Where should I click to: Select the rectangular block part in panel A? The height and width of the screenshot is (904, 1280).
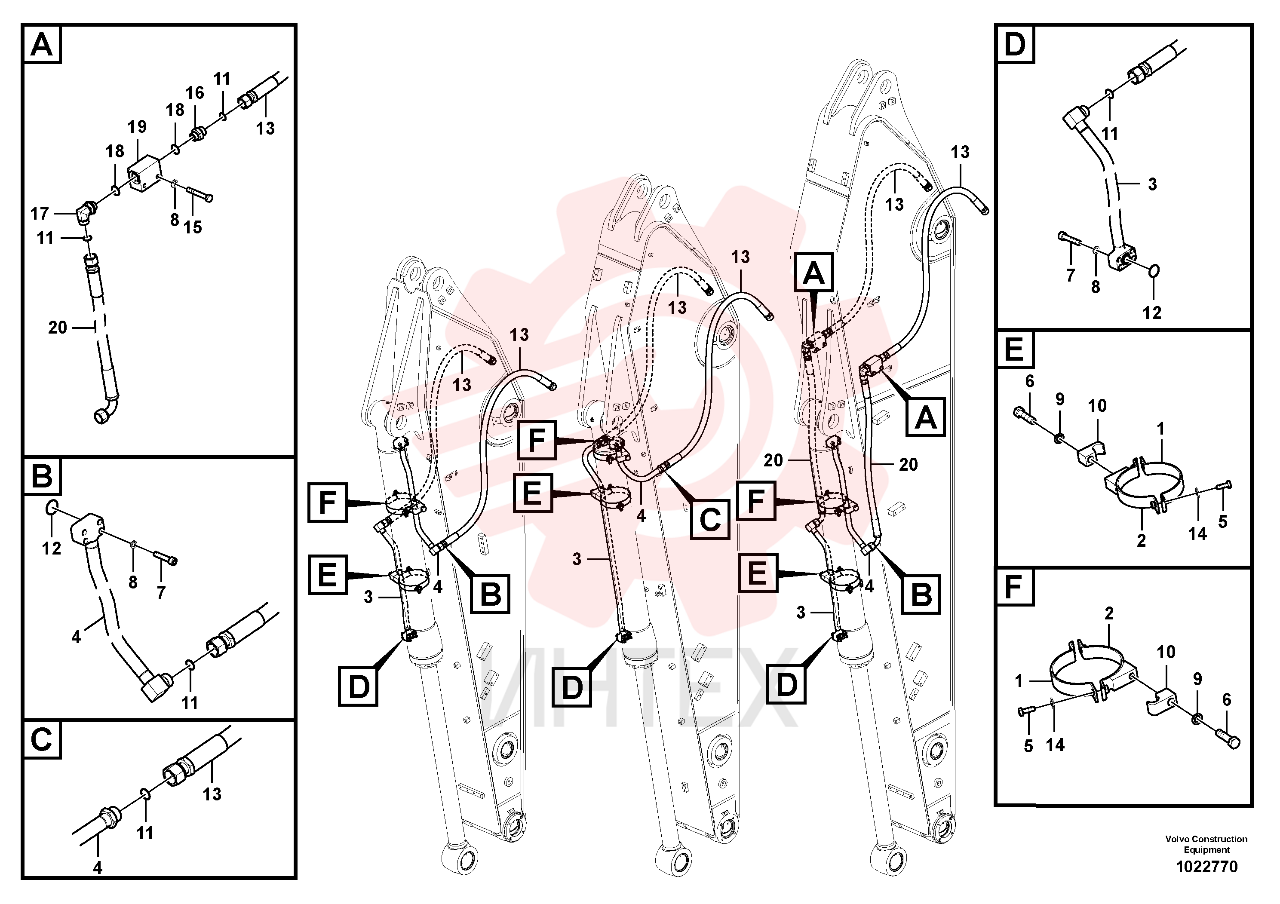tap(144, 174)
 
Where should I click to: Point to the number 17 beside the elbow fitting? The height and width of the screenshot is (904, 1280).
tap(40, 214)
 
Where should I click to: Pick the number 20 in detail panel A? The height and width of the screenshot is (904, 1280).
tap(58, 327)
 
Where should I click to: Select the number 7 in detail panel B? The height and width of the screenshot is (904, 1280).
tap(161, 592)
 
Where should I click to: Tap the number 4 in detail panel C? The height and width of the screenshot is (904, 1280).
tap(98, 868)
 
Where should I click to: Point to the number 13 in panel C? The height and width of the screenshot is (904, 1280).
tap(212, 794)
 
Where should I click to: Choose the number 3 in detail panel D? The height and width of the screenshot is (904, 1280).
tap(1152, 184)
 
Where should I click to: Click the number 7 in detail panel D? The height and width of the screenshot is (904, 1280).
tap(1070, 275)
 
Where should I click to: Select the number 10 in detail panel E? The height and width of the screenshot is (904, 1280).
tap(1097, 406)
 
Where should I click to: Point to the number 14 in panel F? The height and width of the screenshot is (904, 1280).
tap(1055, 745)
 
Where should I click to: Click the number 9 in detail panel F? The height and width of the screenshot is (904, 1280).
tap(1197, 679)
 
